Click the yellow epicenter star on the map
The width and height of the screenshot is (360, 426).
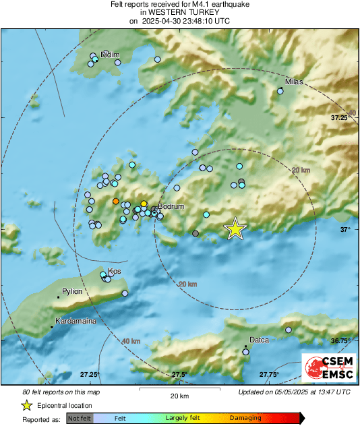(x=235, y=229)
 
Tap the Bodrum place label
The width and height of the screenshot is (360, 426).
(x=172, y=208)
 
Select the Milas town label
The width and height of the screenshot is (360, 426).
(x=295, y=82)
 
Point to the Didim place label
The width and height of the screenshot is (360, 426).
(x=109, y=54)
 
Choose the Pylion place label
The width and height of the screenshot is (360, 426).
(x=72, y=291)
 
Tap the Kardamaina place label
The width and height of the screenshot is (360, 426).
(x=76, y=322)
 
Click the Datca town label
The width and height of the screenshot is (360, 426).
(x=260, y=340)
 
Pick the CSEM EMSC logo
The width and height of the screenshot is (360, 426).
(x=327, y=369)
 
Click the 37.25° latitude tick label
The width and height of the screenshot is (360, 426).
(x=344, y=117)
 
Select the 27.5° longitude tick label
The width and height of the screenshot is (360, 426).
(x=179, y=374)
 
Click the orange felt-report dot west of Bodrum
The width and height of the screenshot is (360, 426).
(x=116, y=201)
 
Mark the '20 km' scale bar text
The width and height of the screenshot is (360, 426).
(x=179, y=395)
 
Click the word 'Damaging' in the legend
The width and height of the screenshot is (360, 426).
(x=245, y=418)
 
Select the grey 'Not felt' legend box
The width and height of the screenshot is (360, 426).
(x=80, y=418)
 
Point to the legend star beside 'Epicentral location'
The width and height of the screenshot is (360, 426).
(x=27, y=405)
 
